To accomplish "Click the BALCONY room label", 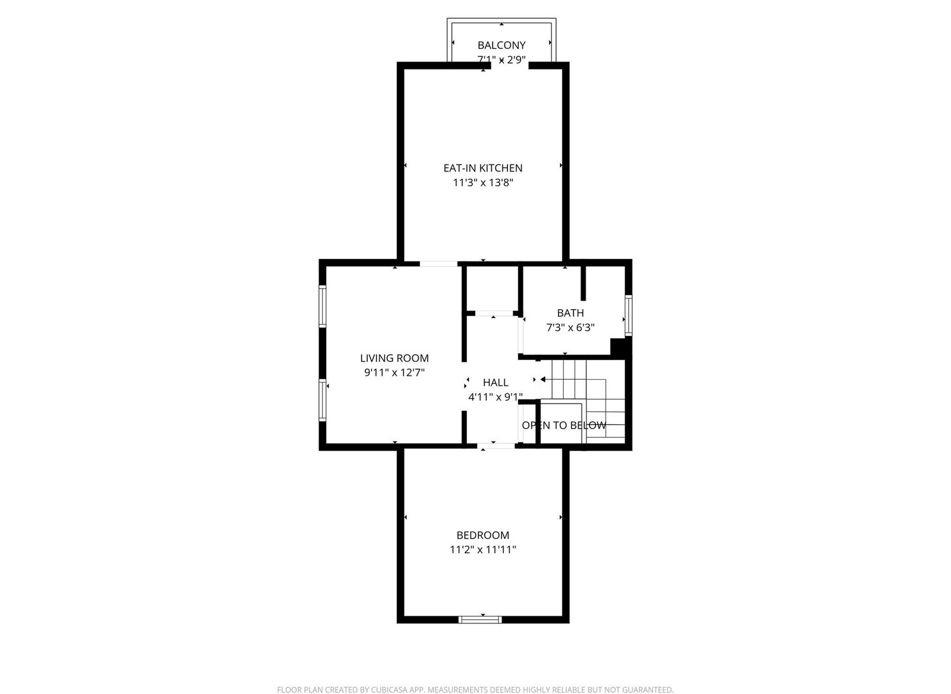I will coord(502,45).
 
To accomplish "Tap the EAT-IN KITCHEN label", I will coord(483,168).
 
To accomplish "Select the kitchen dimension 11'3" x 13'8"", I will coord(483,182).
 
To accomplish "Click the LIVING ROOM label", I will coord(394,358).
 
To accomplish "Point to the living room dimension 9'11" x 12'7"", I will coord(394,372).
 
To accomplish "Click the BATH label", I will coord(570,313).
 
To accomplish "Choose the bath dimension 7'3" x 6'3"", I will coord(570,327).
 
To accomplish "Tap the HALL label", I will coord(495,382).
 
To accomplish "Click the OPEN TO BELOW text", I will coord(564,425).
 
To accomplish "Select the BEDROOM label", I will coord(483,535).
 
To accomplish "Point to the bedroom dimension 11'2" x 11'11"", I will coord(483,549).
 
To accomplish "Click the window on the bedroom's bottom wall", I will coord(480,619).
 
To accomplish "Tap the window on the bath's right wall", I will coord(629,316).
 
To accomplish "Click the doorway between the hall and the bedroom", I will coord(496,445).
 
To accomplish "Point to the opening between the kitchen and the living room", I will coord(439,263).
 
